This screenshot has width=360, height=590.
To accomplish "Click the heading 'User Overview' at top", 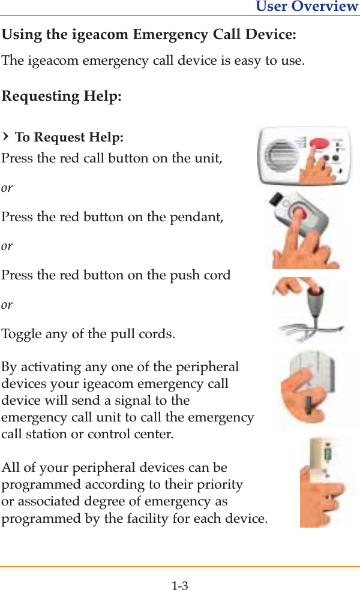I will [x=307, y=7].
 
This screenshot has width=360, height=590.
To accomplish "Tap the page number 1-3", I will [x=179, y=585].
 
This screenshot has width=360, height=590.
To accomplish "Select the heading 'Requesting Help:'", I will [x=62, y=97].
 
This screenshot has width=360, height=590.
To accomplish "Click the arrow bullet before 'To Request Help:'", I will [x=6, y=137].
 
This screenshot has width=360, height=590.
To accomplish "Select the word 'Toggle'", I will [x=22, y=334].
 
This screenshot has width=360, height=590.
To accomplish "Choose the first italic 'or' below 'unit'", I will [x=7, y=188].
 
